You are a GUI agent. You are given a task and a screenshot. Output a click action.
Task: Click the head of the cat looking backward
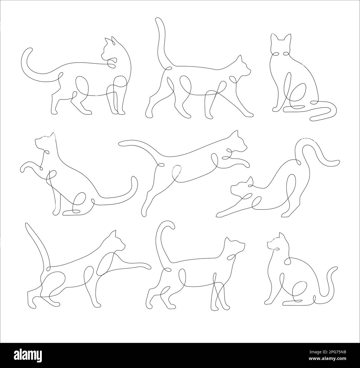(x=109, y=50)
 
